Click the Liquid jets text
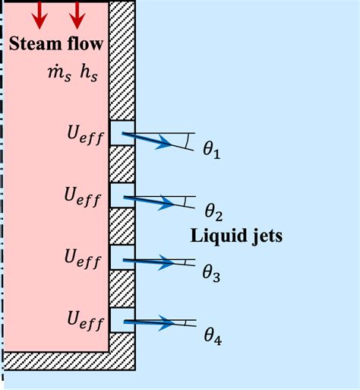[x=235, y=236]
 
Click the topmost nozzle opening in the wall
[x=122, y=133]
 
